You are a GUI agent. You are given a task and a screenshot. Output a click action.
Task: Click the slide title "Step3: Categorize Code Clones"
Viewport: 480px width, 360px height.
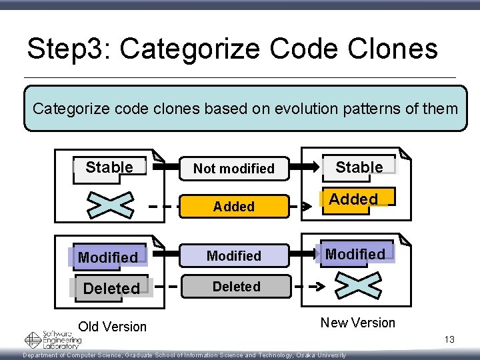point(232,49)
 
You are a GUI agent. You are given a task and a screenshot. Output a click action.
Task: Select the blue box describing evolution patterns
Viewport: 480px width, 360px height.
point(245,108)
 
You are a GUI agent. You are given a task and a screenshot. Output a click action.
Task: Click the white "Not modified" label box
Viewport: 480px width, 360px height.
point(233,168)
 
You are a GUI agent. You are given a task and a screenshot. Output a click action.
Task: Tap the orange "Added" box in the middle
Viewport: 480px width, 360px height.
point(233,207)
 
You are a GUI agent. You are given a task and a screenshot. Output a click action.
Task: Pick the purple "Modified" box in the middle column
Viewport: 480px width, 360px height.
point(233,255)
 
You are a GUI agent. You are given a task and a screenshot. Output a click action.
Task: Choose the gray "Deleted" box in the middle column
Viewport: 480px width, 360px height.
point(235,287)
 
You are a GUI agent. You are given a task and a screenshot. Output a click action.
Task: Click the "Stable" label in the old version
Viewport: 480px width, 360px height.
point(109,167)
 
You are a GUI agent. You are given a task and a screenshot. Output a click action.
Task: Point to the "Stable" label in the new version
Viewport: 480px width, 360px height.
point(359,167)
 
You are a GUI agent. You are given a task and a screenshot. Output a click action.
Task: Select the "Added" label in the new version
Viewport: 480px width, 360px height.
point(354,199)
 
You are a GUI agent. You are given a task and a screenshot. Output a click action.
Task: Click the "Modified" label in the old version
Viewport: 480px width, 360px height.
point(108,257)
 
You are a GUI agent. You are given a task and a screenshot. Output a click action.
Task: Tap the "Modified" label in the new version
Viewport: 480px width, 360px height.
point(355,254)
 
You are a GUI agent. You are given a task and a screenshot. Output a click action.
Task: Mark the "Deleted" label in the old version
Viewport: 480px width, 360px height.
point(111,288)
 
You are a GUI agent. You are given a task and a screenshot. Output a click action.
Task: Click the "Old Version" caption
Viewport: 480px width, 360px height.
point(112,327)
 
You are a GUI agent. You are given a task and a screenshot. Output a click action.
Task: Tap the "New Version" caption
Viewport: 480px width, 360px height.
point(357,323)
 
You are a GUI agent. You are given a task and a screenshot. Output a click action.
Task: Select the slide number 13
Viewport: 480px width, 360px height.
point(449,340)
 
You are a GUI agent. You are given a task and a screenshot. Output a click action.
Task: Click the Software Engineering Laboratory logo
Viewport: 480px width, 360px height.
point(53,339)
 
